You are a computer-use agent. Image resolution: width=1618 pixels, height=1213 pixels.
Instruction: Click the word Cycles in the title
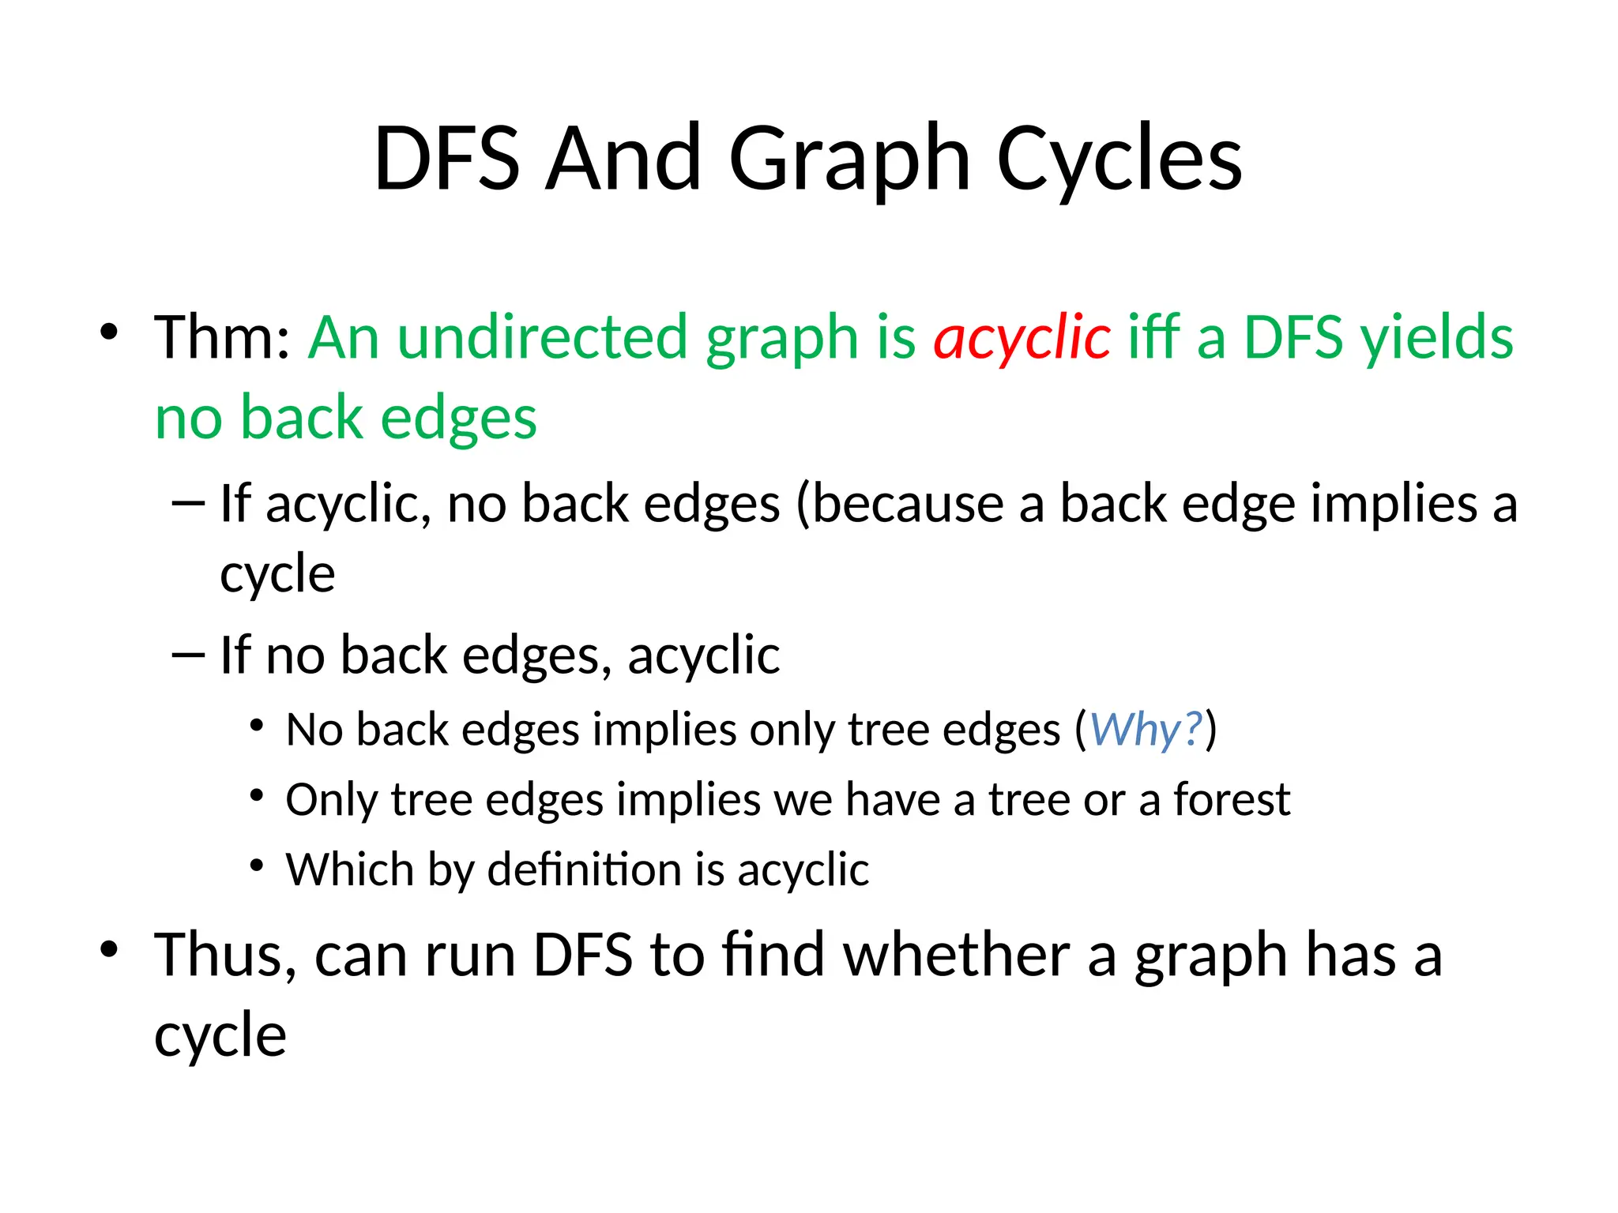coord(1119,160)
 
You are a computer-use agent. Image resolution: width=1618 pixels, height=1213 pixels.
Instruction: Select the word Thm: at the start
coord(223,338)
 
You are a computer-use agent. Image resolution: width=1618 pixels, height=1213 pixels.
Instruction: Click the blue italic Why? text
coord(1146,729)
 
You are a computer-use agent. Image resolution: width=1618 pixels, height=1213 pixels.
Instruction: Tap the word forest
coord(1232,799)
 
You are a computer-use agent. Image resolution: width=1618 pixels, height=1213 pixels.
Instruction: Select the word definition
coord(585,869)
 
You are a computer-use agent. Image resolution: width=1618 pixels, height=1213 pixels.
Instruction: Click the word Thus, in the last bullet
coord(226,956)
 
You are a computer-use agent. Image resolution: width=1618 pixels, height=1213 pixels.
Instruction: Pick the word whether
coord(957,956)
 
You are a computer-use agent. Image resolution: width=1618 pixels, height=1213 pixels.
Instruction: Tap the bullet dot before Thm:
coord(109,332)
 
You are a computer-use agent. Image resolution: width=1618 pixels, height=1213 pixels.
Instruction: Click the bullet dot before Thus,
coord(109,950)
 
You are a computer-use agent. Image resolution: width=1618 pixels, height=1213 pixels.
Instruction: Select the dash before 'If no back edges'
coord(188,655)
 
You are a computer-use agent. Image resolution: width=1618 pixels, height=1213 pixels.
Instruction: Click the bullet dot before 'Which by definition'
coord(256,866)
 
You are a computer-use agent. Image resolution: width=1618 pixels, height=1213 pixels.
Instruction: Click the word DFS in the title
coord(446,160)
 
